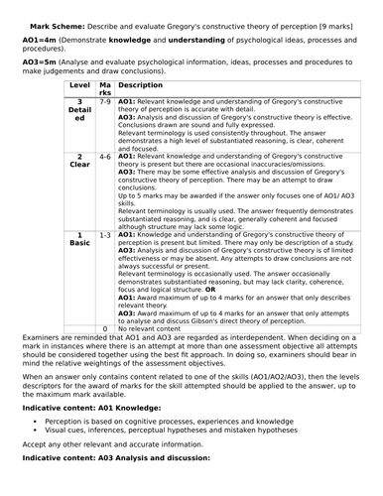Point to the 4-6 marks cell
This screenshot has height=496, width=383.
click(106, 157)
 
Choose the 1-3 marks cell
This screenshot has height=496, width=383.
click(106, 232)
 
